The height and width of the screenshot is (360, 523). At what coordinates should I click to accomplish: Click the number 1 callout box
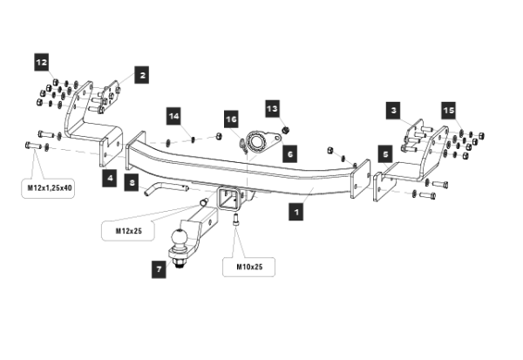[x=297, y=211]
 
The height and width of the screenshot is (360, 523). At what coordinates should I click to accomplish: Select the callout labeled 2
[x=142, y=76]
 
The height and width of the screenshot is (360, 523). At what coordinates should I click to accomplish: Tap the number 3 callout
[x=393, y=110]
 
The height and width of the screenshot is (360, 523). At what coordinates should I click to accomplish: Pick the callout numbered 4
[x=111, y=178]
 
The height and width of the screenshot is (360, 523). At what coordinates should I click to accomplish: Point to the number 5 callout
[x=384, y=153]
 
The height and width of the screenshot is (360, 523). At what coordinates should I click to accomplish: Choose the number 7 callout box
[x=159, y=269]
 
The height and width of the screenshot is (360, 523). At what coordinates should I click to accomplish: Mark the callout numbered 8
[x=131, y=182]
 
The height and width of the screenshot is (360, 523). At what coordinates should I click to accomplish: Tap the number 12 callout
[x=42, y=62]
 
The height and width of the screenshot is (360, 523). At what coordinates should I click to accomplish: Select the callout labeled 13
[x=272, y=108]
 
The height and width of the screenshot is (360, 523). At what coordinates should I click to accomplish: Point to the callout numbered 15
[x=448, y=111]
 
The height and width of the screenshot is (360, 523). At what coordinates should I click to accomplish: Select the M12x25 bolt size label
[x=129, y=231]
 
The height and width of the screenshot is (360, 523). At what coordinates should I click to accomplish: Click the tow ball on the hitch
[x=181, y=237]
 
